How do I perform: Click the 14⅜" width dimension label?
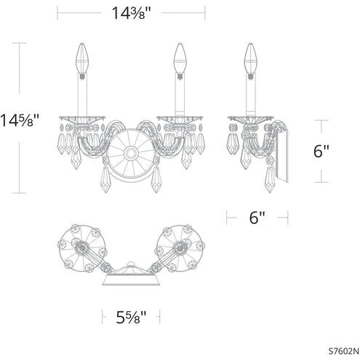(132, 13)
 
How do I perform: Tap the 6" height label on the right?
(321, 151)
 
